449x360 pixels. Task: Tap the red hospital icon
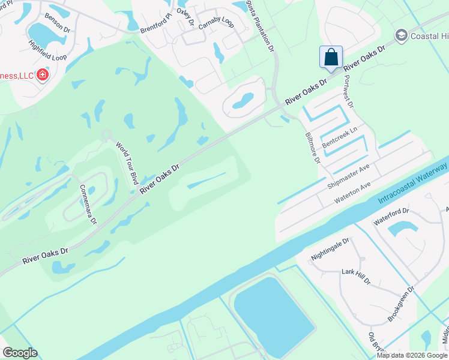[43, 75]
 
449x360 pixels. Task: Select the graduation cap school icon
[400, 37]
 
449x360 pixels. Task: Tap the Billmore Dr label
[312, 148]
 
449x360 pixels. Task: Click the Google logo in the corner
[20, 353]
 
